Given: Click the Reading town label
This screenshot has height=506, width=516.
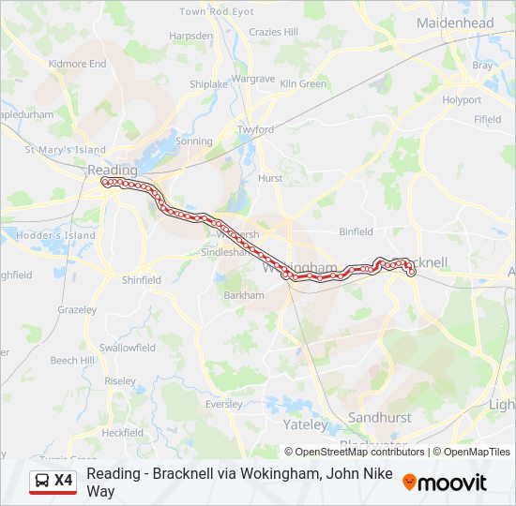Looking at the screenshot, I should [x=112, y=171].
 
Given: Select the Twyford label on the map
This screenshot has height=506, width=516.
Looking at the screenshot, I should [x=255, y=129].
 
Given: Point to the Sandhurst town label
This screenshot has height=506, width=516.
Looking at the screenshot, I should [x=379, y=416].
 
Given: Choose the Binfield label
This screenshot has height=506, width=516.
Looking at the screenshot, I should [x=356, y=231].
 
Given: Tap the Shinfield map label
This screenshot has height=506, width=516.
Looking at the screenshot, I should [x=142, y=279].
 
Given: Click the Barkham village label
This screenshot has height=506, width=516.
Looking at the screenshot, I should [x=244, y=294].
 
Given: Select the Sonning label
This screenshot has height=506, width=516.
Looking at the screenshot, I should [x=194, y=141].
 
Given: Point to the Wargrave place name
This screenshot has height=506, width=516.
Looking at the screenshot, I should [x=252, y=79].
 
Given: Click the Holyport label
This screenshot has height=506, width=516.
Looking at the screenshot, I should [x=462, y=99].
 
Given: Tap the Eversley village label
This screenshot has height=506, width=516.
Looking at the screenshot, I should [x=223, y=404].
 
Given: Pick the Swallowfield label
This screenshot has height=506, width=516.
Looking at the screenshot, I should [x=128, y=348].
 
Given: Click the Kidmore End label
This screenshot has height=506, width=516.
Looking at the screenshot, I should [x=78, y=64].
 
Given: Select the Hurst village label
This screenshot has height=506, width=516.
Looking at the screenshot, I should [x=270, y=177].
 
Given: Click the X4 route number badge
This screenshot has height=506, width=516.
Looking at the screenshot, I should [x=64, y=481].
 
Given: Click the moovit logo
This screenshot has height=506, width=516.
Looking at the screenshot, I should [x=445, y=483].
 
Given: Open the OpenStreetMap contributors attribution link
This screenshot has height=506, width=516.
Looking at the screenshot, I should [x=354, y=452].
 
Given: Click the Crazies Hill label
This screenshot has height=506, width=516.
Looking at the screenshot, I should [x=274, y=32].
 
